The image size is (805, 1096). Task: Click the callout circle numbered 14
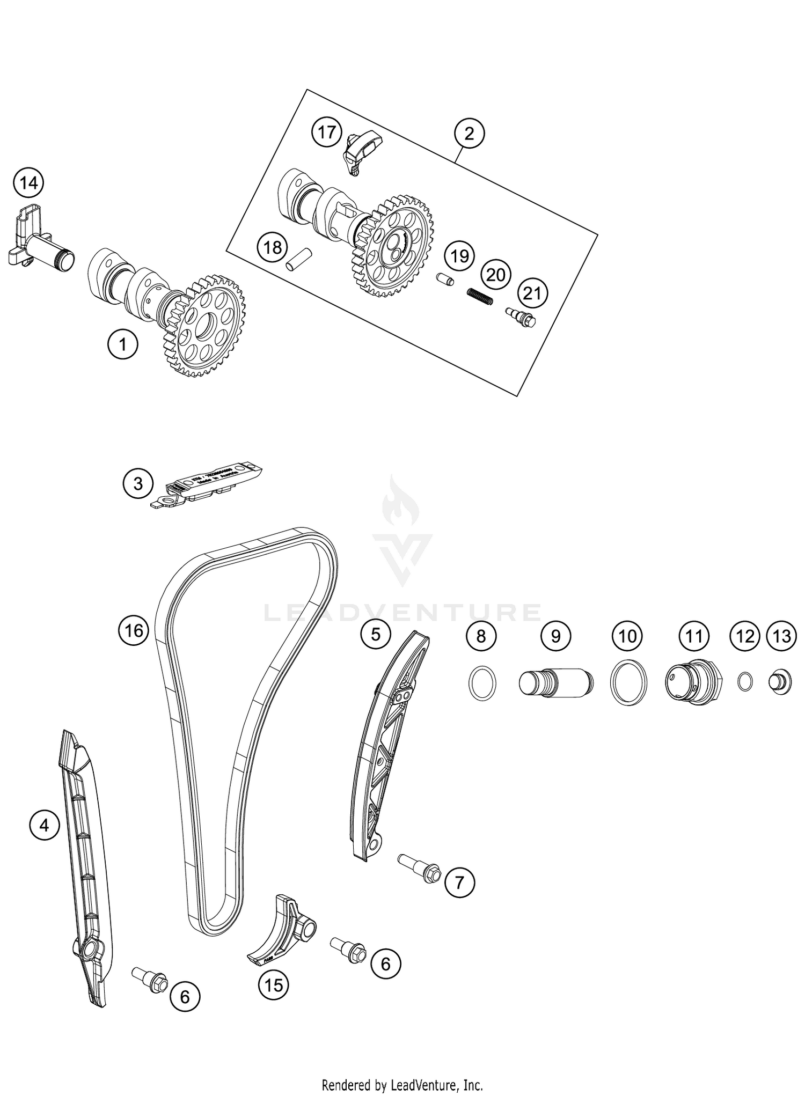[28, 183]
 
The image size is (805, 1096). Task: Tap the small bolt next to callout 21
[521, 318]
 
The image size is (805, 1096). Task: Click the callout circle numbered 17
[327, 132]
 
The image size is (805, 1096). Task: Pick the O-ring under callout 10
[628, 682]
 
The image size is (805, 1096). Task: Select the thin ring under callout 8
[482, 682]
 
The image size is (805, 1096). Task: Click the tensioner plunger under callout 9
[556, 683]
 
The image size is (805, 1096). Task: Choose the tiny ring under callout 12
[745, 682]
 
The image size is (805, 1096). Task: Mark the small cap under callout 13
[781, 682]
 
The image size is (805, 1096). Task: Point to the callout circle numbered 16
[134, 630]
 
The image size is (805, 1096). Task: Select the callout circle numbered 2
[469, 134]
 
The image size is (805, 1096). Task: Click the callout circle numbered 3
[138, 483]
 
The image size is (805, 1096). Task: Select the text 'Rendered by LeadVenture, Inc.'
[402, 1085]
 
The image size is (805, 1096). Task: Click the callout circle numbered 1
[122, 344]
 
